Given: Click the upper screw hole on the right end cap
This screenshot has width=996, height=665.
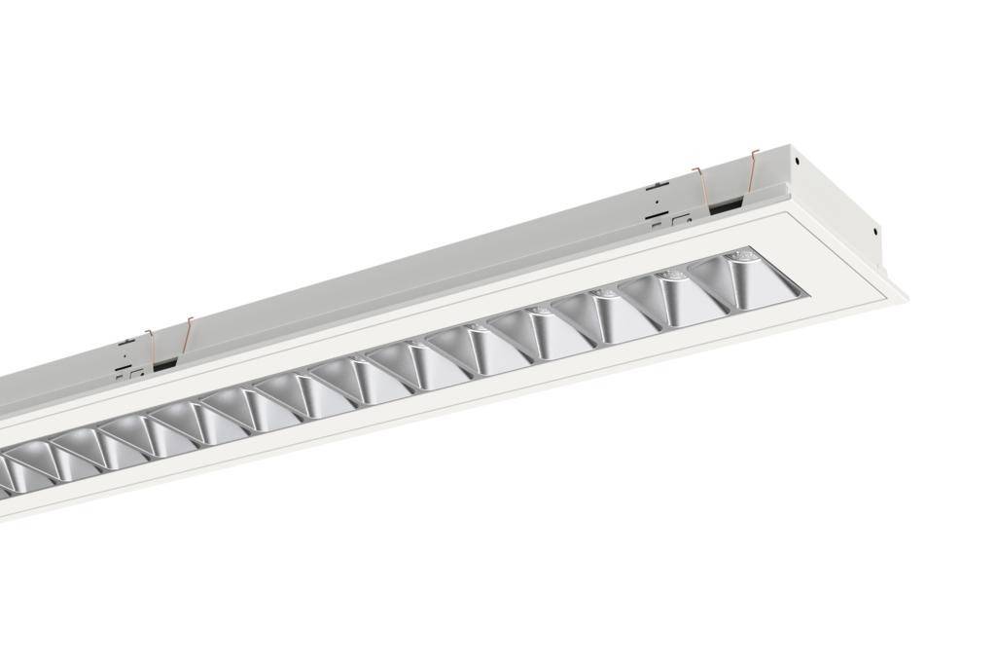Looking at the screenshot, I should [796, 162].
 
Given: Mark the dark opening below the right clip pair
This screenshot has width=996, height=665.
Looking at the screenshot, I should [724, 207].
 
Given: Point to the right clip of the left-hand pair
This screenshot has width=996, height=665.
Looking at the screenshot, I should [187, 334].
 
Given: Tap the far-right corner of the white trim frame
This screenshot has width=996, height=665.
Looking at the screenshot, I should [905, 291].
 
